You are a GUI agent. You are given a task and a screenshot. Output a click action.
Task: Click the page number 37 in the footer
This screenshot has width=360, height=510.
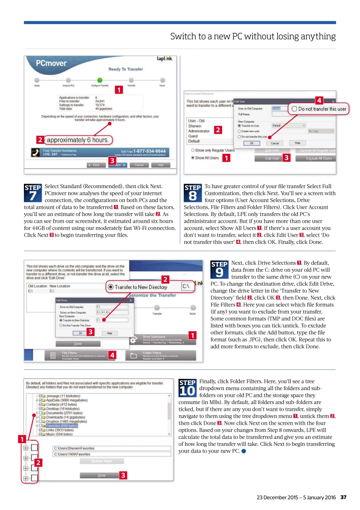tap(343, 497)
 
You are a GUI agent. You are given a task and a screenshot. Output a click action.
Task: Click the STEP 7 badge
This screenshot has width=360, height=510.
tap(33, 192)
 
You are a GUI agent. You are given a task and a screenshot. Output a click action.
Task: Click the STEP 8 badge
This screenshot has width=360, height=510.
tap(193, 192)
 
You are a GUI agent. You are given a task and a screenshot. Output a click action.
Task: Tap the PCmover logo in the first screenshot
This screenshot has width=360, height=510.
tap(51, 63)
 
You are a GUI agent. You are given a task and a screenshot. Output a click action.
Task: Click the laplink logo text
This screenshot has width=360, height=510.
tap(164, 59)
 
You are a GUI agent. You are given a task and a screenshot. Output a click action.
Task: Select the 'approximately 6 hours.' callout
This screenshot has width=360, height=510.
tap(78, 140)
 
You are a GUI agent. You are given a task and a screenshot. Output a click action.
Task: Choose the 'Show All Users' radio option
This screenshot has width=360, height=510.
tap(205, 158)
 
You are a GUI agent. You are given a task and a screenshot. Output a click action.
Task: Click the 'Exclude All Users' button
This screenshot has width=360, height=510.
tap(319, 158)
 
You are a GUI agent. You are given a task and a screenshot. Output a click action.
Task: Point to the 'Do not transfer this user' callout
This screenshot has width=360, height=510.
tap(319, 109)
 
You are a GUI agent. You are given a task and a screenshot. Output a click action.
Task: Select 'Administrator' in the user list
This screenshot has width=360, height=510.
tap(199, 131)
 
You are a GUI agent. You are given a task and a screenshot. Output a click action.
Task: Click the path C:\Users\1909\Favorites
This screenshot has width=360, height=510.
tap(72, 454)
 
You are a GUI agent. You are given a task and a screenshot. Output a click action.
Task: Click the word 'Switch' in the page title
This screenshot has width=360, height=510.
tap(182, 37)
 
